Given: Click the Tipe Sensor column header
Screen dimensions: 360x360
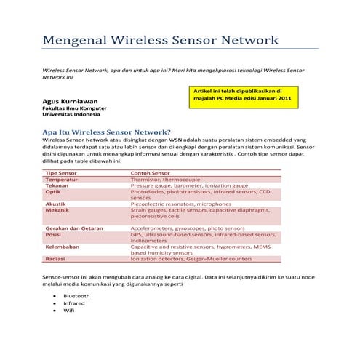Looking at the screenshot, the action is (x=62, y=173).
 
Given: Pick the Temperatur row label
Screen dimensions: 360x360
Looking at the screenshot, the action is (x=63, y=180).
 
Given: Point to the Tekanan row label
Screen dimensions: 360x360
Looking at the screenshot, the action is (x=57, y=185).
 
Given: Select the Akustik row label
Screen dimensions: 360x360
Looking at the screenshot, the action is (x=57, y=204).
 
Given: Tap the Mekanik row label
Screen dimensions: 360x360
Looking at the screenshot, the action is (x=57, y=210).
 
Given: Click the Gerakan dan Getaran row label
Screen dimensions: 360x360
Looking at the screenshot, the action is (x=74, y=228).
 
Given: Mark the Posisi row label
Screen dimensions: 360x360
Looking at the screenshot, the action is (x=53, y=235).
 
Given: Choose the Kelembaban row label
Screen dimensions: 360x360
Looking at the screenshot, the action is (x=63, y=247).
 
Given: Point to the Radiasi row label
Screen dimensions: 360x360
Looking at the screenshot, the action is (x=56, y=259).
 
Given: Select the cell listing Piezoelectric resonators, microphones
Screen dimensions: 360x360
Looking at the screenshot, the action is (x=180, y=204).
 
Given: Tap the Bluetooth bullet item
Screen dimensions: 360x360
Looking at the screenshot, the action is (x=76, y=296).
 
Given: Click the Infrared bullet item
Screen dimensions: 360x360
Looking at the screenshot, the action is (x=74, y=303).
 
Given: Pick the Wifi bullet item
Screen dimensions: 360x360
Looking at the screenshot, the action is (x=69, y=311).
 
